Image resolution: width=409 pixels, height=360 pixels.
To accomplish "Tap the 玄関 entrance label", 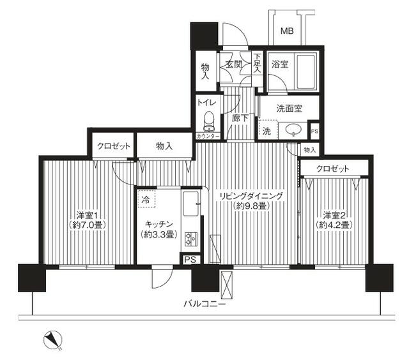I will click(x=232, y=64).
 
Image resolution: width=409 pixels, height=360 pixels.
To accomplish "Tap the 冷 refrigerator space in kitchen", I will click(x=146, y=199).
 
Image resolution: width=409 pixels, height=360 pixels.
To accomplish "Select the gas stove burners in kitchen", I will click(x=190, y=239).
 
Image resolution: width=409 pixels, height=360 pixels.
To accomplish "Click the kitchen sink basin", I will click(x=190, y=206).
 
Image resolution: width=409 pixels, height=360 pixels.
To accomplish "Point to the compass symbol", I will click(x=51, y=340).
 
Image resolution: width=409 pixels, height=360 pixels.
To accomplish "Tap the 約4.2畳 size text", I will click(x=334, y=225).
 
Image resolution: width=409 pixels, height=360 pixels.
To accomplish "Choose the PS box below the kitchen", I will click(x=190, y=259).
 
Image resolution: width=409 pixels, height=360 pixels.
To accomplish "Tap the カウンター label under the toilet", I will click(x=208, y=137).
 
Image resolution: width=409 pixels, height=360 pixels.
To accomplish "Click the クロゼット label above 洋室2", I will click(x=333, y=169).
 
